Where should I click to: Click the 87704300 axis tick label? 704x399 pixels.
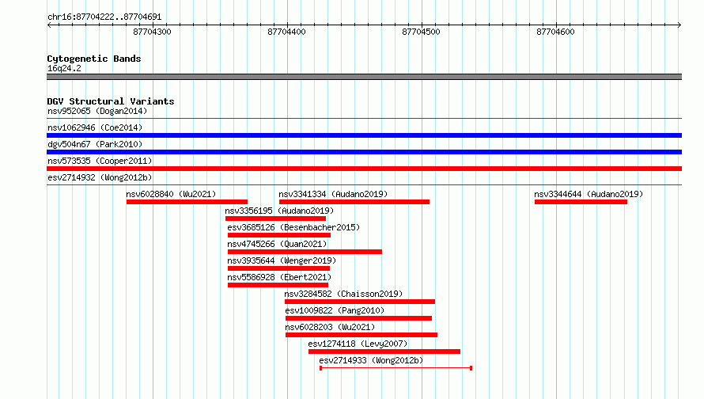(x=152, y=32)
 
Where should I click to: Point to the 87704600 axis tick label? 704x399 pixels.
(x=555, y=32)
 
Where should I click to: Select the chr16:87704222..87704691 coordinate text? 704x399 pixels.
(x=104, y=17)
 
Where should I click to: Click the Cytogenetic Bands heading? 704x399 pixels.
(x=94, y=59)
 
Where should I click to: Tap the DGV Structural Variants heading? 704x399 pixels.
(x=111, y=101)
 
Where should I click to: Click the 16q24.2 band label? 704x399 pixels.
(x=64, y=68)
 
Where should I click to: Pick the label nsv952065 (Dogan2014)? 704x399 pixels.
(x=97, y=111)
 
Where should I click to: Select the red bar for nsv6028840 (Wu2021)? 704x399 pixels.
(x=187, y=202)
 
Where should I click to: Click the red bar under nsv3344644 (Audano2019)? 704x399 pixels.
(x=581, y=202)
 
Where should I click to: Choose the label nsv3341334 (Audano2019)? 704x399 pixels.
(x=333, y=194)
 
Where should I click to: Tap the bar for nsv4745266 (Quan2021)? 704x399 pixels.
(x=305, y=252)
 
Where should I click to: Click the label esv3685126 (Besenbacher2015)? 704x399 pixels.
(x=293, y=227)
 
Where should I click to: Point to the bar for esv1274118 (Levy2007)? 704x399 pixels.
(x=384, y=351)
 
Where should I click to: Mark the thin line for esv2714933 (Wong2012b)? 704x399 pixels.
(x=396, y=368)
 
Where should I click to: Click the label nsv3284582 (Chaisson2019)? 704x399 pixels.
(x=343, y=294)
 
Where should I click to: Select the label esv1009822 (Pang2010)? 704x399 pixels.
(x=335, y=310)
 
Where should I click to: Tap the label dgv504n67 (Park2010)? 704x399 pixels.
(x=95, y=144)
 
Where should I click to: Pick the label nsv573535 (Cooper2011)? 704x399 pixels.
(x=100, y=161)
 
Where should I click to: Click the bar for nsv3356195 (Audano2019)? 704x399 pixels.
(x=276, y=218)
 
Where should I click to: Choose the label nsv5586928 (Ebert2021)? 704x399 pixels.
(x=279, y=277)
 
